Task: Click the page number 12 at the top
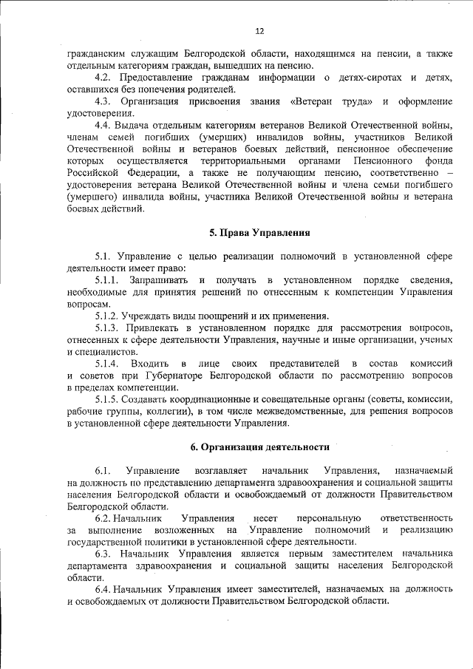tap(259, 31)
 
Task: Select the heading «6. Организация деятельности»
tap(259, 447)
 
